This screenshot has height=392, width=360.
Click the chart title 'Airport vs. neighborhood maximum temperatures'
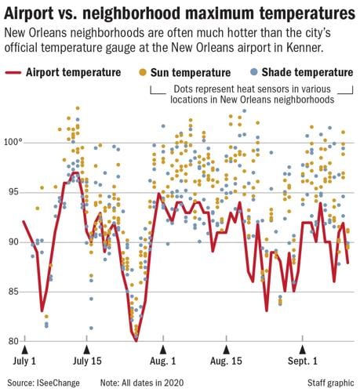pyautogui.click(x=179, y=14)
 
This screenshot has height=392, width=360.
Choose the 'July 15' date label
pyautogui.click(x=88, y=364)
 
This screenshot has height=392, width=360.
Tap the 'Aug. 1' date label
pyautogui.click(x=163, y=364)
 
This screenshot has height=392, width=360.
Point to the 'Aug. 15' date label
pyautogui.click(x=227, y=364)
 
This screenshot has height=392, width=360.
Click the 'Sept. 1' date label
pyautogui.click(x=303, y=364)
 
